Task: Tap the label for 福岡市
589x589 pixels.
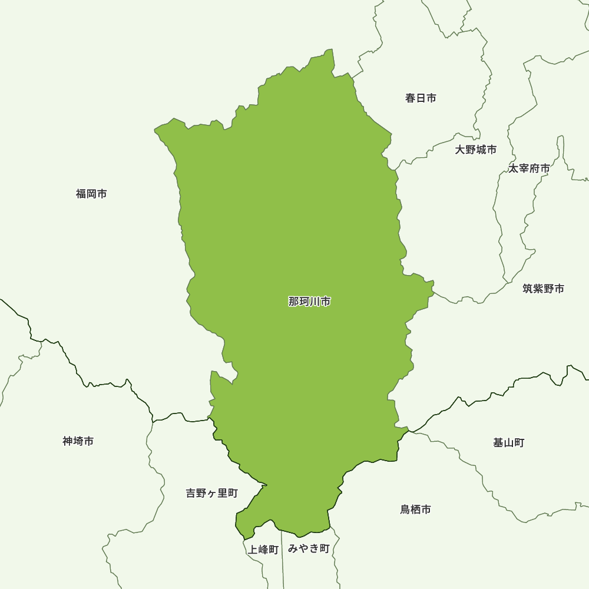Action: tap(91, 194)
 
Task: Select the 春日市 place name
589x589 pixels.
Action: tap(421, 98)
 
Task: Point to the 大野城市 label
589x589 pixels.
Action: tap(475, 150)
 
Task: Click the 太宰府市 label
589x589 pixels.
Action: tap(529, 168)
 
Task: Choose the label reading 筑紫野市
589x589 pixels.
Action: tap(543, 289)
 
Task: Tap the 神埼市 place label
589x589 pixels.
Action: tap(78, 441)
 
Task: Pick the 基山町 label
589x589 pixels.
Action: tap(508, 442)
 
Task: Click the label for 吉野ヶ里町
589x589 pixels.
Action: tap(211, 493)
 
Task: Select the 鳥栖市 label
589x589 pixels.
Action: tap(415, 509)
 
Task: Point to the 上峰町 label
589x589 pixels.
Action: tap(263, 550)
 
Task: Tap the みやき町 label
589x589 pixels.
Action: tap(309, 549)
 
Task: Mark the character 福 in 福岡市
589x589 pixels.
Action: tap(81, 194)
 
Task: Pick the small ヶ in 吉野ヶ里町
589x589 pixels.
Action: tap(211, 494)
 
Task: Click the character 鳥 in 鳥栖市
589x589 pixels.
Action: tap(405, 509)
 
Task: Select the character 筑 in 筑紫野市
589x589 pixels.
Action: tap(528, 289)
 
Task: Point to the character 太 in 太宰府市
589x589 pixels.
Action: tap(514, 168)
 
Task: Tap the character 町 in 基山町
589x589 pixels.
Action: tap(519, 442)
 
